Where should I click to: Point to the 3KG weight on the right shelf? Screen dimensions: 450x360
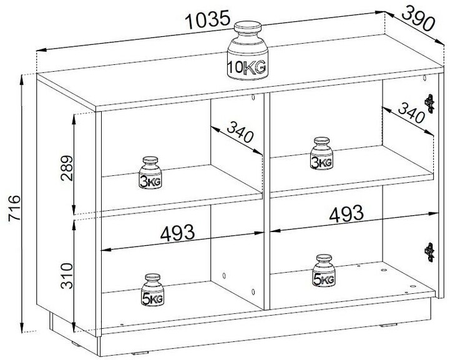pyautogui.click(x=321, y=155)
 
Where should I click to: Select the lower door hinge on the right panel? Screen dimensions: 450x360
pyautogui.click(x=429, y=250)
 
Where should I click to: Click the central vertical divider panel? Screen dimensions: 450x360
pyautogui.click(x=265, y=200)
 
